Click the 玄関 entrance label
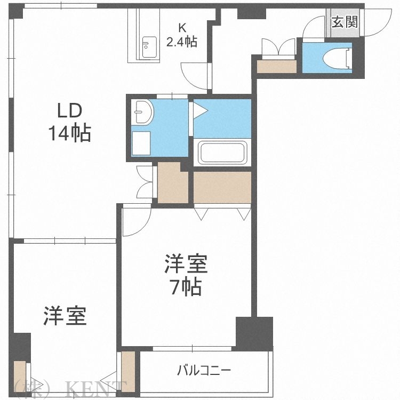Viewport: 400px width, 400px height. [344, 22]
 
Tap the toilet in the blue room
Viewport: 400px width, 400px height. [341, 58]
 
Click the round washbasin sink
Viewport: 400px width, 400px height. [143, 112]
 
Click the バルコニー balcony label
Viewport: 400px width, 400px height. [204, 370]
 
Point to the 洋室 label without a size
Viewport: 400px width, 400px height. [65, 316]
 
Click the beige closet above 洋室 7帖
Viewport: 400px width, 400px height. [222, 187]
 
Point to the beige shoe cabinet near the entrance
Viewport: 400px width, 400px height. [276, 66]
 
